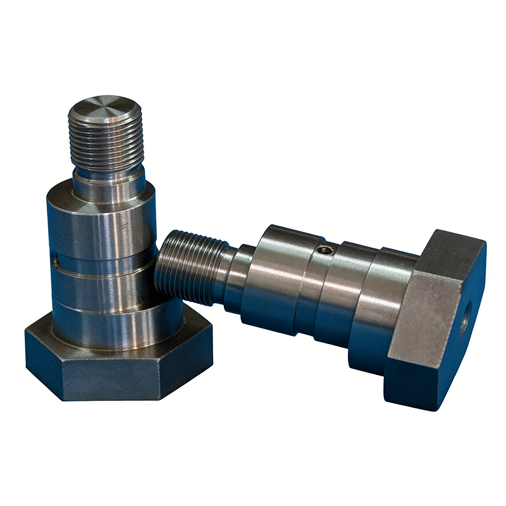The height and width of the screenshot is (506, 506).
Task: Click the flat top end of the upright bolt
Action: (105, 108)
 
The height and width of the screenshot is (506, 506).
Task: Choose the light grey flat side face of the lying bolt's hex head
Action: (421, 316)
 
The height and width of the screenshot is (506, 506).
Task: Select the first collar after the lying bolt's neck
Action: (272, 278)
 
